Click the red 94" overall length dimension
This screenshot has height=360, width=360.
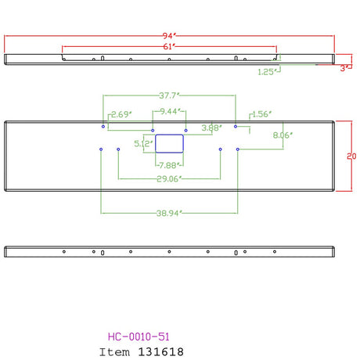tap(170, 35)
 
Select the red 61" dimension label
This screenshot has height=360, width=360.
tap(169, 46)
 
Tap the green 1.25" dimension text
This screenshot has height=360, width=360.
tap(268, 72)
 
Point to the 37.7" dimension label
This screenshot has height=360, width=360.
tap(169, 95)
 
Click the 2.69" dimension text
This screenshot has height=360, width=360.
tap(121, 114)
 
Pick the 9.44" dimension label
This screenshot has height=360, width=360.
tap(171, 111)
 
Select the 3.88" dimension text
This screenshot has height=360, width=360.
tap(212, 128)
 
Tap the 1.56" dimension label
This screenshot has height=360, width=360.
tap(262, 114)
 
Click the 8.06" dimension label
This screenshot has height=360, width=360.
tap(283, 135)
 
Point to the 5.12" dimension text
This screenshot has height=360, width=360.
tap(143, 143)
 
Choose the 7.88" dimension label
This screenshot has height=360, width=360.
tap(170, 165)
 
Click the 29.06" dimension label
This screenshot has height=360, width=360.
tap(169, 178)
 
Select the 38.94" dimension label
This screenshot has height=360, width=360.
tap(169, 213)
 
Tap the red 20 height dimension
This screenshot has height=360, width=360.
tap(351, 156)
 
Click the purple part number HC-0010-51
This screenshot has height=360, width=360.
tap(139, 337)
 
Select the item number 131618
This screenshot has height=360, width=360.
tap(160, 352)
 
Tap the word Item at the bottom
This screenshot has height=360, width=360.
tap(114, 352)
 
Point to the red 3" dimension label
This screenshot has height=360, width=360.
tap(344, 68)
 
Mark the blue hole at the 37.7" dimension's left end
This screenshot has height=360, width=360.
tap(103, 127)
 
